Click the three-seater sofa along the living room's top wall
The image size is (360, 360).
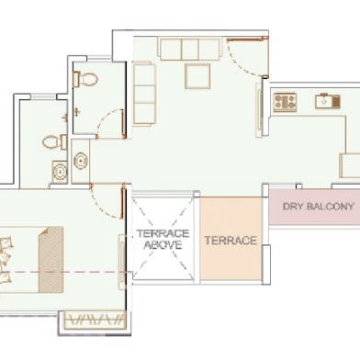tap(190, 49)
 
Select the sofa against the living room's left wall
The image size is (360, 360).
tap(144, 94)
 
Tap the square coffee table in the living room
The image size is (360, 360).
tap(197, 76)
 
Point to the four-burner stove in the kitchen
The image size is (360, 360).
tap(285, 102)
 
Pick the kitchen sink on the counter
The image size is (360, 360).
tap(328, 101)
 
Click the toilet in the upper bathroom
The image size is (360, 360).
tap(85, 79)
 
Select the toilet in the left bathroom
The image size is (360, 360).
tap(54, 142)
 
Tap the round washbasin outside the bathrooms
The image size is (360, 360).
tap(81, 162)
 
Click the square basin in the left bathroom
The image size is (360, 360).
tap(60, 172)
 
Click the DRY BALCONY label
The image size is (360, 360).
tap(319, 207)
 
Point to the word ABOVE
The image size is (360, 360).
tap(163, 245)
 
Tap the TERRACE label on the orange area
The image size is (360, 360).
tap(231, 241)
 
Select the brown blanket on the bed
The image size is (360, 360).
tap(51, 260)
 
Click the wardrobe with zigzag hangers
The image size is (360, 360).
tap(95, 321)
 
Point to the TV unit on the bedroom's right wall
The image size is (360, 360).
tap(122, 262)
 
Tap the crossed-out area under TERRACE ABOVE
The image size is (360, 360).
tap(163, 239)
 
